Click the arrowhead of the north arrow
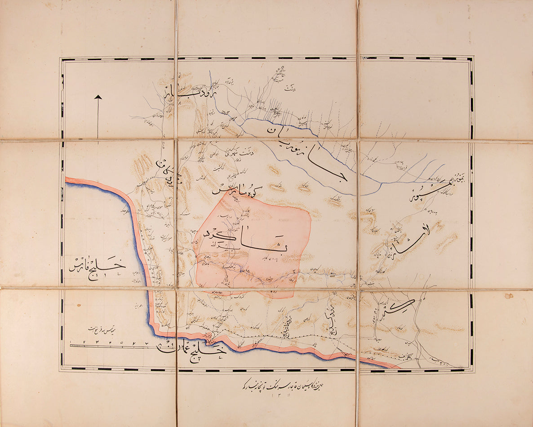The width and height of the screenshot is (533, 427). coord(98,97)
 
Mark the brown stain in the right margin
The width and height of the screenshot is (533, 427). coord(509,296)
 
